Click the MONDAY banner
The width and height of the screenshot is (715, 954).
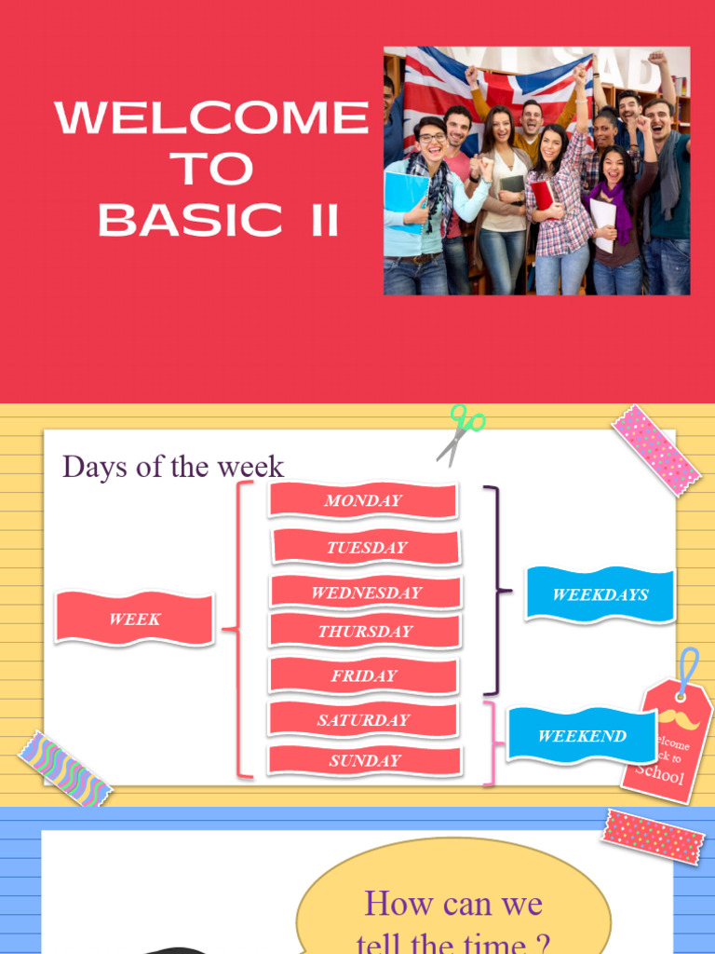coord(363,500)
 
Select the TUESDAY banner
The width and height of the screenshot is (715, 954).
coord(366,548)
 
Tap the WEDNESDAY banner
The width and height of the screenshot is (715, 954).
coord(366,593)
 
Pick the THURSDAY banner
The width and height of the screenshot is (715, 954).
coord(365,631)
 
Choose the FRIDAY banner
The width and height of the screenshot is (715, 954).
coord(364,675)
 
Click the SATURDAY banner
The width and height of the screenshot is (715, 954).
coord(363,719)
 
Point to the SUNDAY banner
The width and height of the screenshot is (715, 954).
coord(365,760)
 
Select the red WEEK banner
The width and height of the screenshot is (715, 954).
coord(135,619)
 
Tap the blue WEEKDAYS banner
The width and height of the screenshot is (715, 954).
coord(600,594)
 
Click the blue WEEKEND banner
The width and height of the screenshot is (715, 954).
coord(582,735)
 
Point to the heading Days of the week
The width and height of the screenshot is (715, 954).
coord(173,467)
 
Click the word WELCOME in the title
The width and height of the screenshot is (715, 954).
coord(212,118)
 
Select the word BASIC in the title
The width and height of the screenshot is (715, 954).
coord(190,221)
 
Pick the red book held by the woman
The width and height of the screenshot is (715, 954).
coord(543,194)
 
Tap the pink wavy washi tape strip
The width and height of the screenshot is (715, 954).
coord(65,769)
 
